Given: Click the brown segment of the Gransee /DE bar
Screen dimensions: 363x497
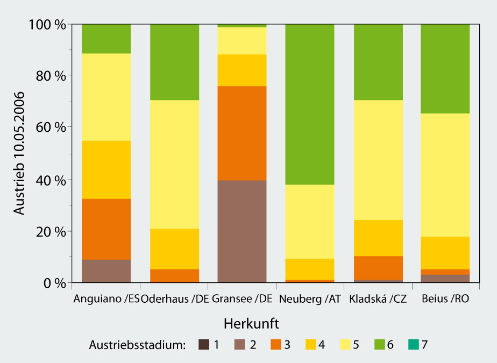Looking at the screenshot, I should [242, 231].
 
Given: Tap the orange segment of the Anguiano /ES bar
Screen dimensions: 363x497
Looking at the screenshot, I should [106, 229].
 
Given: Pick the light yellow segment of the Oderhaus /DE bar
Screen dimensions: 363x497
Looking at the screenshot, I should [174, 164].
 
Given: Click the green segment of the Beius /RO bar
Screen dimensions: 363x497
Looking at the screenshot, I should [445, 69].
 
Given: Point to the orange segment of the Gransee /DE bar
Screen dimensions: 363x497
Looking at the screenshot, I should [242, 133].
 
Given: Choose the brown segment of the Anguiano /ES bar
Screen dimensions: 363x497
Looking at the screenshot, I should [106, 271].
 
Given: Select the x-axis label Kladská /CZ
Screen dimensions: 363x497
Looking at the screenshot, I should [378, 299].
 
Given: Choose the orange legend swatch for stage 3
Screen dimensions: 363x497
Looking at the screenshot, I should [275, 345].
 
